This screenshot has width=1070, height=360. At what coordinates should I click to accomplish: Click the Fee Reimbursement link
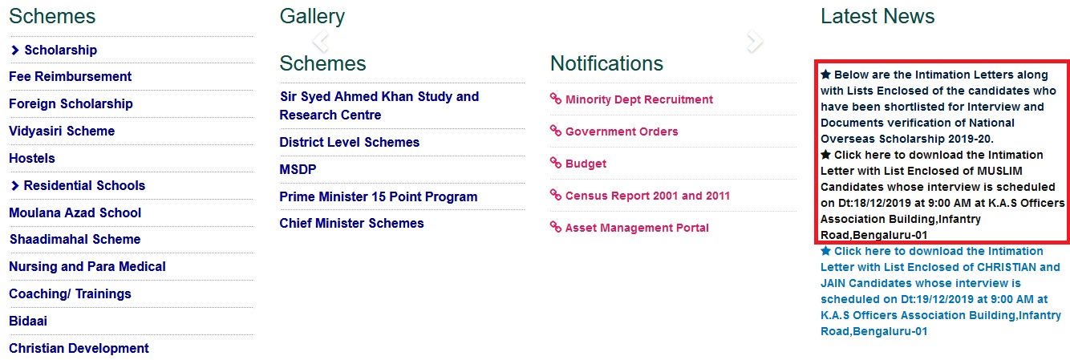tap(71, 76)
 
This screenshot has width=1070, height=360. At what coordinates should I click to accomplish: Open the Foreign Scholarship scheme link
tap(71, 103)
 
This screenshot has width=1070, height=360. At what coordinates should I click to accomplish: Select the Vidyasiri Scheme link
tap(62, 131)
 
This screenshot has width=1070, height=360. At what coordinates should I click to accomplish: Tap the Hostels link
tap(32, 158)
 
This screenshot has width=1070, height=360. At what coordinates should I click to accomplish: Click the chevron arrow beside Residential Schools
tap(14, 186)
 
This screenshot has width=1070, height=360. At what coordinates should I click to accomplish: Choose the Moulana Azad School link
tap(75, 212)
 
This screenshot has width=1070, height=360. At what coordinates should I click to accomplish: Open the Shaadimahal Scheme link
tap(75, 239)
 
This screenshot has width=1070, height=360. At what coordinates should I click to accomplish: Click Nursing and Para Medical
tap(87, 266)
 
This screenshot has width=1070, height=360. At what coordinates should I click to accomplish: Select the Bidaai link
tap(28, 321)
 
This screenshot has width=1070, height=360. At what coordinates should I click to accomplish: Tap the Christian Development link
tap(79, 348)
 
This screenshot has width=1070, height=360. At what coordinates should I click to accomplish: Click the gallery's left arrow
tap(321, 42)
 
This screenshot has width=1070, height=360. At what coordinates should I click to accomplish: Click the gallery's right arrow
tap(755, 42)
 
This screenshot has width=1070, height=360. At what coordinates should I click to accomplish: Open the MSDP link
tap(298, 169)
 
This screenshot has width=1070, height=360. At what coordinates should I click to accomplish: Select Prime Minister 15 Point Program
tap(379, 196)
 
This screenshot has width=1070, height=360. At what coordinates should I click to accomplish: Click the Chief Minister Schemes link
tap(351, 224)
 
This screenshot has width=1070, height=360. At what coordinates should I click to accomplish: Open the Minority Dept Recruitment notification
tap(639, 99)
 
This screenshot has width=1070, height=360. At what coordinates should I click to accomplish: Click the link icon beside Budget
tap(556, 163)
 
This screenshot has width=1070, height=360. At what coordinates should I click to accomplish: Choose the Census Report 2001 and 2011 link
tap(648, 196)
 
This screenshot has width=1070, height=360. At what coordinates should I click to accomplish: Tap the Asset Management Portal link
tap(637, 228)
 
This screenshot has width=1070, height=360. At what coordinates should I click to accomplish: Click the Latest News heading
tap(877, 16)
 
